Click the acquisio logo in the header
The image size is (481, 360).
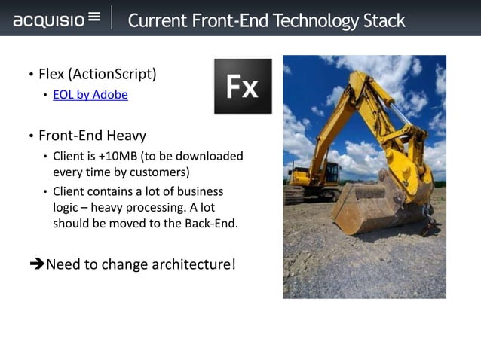pos(57,18)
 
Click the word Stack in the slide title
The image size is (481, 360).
pos(381,20)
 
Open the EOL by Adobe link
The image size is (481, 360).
pos(90,95)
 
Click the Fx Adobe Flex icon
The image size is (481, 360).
pos(243,86)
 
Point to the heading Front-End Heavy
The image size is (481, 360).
pos(92,136)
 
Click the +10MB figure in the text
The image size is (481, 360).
pos(120,157)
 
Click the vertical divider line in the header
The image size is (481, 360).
pos(112,18)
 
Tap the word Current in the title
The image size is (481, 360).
pos(155,20)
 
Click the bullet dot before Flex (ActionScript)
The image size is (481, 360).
pos(31,75)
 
